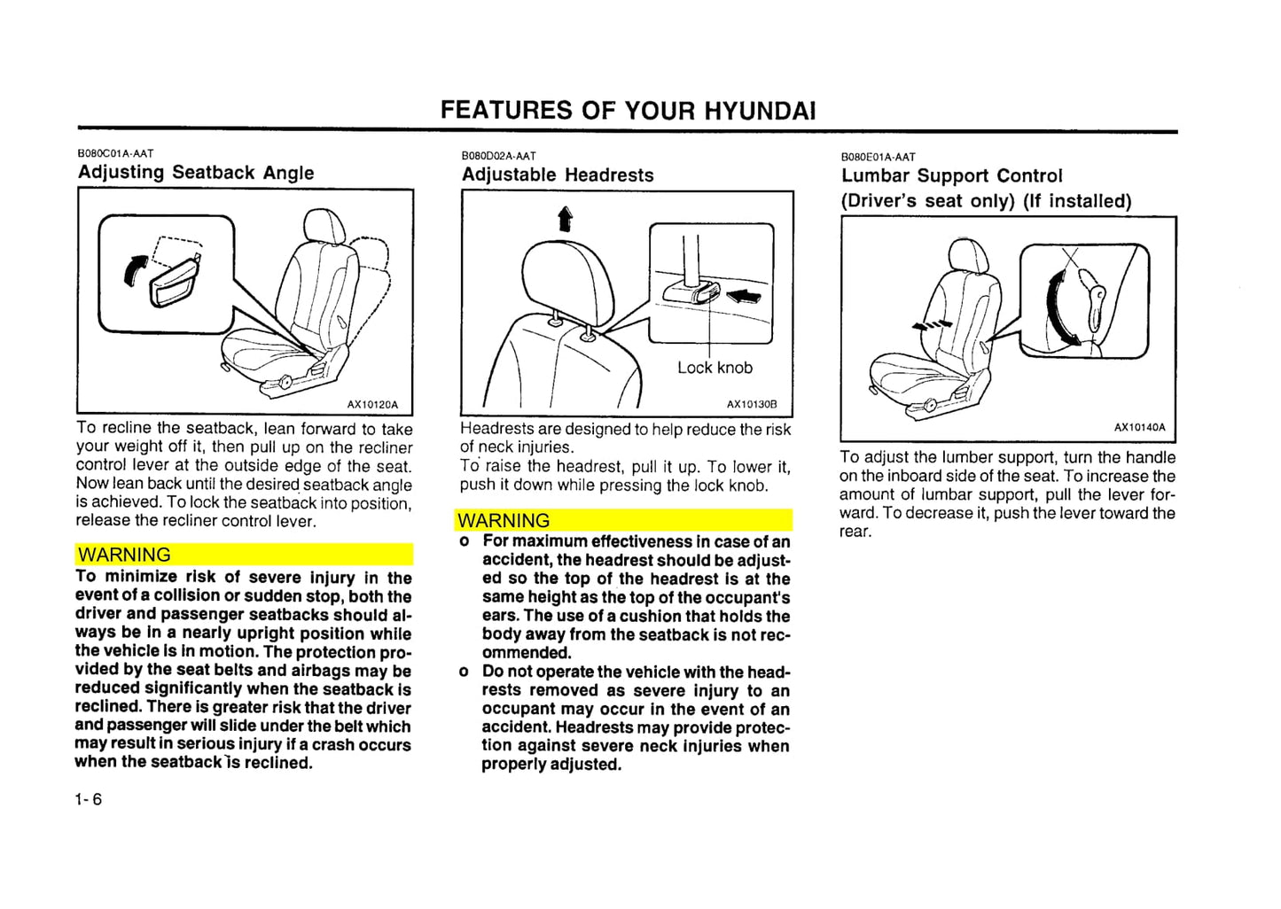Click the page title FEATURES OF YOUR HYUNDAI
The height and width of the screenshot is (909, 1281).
pyautogui.click(x=628, y=111)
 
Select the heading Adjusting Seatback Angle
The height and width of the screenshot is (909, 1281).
pyautogui.click(x=196, y=173)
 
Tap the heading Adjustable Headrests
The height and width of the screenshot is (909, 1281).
pyautogui.click(x=558, y=175)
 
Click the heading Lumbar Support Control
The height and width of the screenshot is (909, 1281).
pyautogui.click(x=951, y=176)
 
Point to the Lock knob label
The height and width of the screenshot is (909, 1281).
pyautogui.click(x=715, y=368)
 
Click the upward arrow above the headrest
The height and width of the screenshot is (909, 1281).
pyautogui.click(x=565, y=218)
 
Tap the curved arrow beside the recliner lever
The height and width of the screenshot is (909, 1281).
pyautogui.click(x=134, y=268)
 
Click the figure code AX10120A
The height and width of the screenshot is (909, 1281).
pyautogui.click(x=372, y=405)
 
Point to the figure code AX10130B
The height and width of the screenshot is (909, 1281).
pyautogui.click(x=752, y=405)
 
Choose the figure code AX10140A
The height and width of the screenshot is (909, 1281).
pyautogui.click(x=1139, y=428)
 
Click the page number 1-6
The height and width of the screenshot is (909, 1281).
pyautogui.click(x=89, y=799)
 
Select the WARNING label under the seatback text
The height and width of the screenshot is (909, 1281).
pyautogui.click(x=124, y=555)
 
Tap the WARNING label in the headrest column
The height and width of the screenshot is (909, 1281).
pyautogui.click(x=504, y=521)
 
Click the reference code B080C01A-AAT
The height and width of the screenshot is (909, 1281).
pyautogui.click(x=115, y=153)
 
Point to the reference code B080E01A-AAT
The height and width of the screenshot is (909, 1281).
pyautogui.click(x=878, y=157)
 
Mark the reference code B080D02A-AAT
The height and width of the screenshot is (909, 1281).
pyautogui.click(x=498, y=156)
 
